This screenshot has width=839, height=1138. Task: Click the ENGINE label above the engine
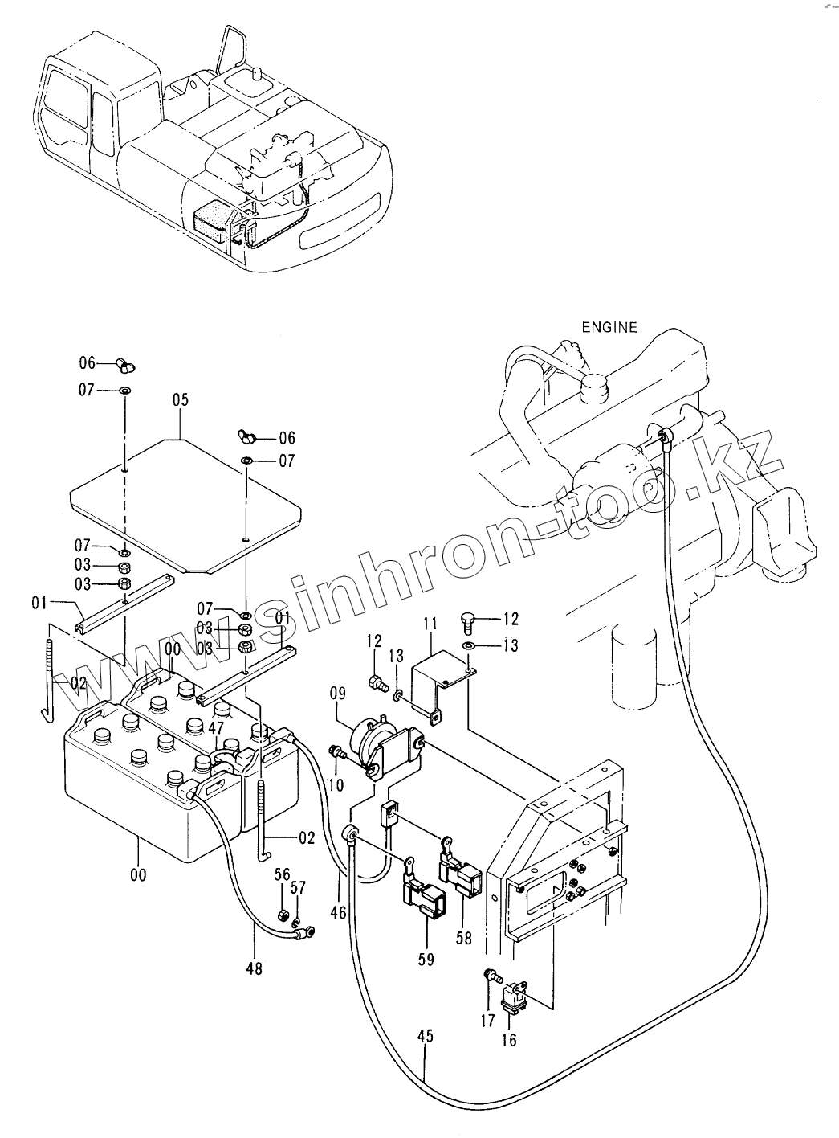(609, 327)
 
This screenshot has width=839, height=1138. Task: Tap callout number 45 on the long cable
(425, 1037)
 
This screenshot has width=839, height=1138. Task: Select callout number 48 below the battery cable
(255, 968)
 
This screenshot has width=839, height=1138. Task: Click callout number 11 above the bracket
(430, 624)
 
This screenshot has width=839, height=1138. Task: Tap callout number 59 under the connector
(426, 959)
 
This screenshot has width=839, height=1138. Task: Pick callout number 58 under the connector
(464, 937)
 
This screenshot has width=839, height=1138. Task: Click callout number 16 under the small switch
(509, 1039)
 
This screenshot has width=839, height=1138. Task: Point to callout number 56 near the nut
(282, 875)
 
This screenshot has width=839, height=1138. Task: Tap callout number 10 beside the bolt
(338, 784)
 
